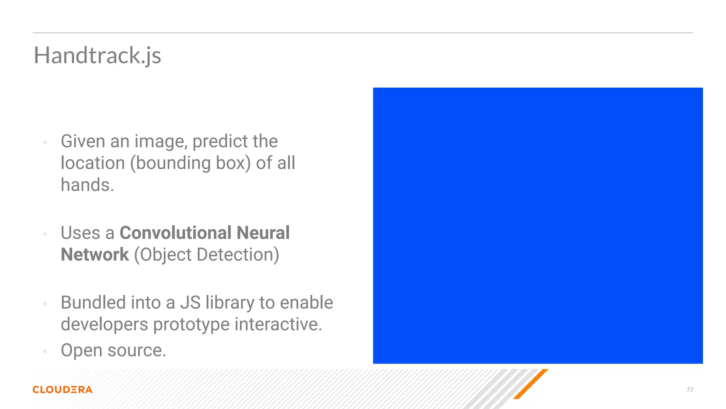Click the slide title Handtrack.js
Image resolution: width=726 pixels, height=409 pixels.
[x=97, y=56]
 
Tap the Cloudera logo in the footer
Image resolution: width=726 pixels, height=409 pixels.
[x=62, y=389]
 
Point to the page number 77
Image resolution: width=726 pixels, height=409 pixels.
[x=689, y=390]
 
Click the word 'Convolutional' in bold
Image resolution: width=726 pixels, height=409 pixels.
[x=175, y=233]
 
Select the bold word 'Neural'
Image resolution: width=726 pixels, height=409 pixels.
[x=263, y=233]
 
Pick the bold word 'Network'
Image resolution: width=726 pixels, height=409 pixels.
[x=95, y=255]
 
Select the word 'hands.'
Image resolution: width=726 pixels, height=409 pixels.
[x=87, y=185]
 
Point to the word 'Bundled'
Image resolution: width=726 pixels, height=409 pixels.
[x=93, y=302]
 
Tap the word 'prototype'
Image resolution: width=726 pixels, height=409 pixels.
[x=191, y=325]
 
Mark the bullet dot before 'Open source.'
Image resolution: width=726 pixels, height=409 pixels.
[x=45, y=351]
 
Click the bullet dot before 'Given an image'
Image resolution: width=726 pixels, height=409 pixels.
[x=45, y=143]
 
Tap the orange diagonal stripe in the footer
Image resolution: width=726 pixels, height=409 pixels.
[x=531, y=384]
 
